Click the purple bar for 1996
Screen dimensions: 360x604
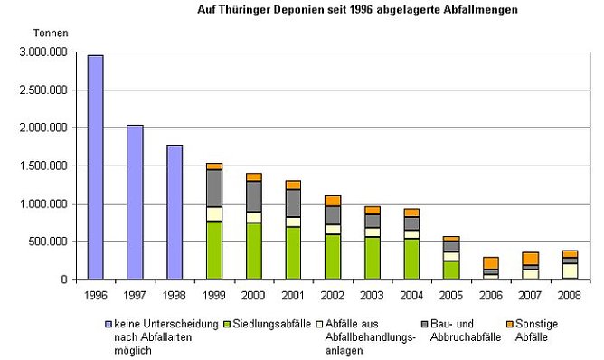click(95, 167)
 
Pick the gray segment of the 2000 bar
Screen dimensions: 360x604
click(253, 195)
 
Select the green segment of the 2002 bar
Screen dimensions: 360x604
click(332, 257)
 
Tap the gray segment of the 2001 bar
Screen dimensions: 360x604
click(293, 203)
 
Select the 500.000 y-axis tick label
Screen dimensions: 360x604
click(48, 242)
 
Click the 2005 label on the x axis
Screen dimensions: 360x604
click(450, 294)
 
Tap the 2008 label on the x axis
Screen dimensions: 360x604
click(569, 294)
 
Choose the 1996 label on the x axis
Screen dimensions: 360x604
click(95, 294)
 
